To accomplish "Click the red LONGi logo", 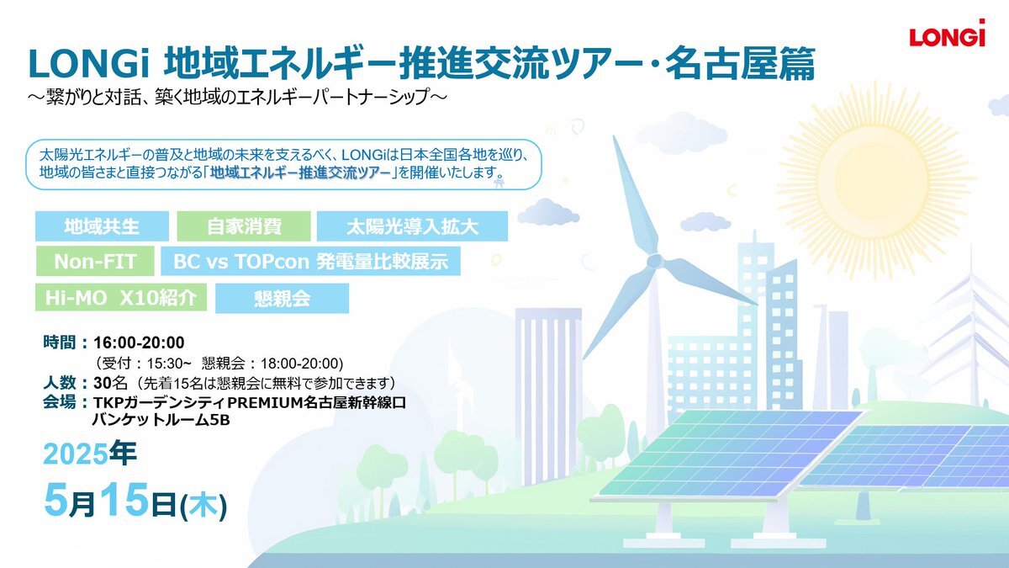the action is coord(948,34).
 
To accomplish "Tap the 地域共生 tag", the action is coord(102,226).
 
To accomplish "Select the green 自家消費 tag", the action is coord(244,226).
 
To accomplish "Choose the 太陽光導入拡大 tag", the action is coord(412,226).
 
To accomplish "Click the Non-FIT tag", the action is coord(95,261).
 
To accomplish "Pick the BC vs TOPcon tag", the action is coord(311,261).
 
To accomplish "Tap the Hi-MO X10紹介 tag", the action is coord(121,298).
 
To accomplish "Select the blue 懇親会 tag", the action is coord(282,299).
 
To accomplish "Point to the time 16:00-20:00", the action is coord(139,343).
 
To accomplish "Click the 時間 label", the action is coord(60,343).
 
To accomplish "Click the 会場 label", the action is coord(60,401).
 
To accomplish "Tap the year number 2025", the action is coord(76,454).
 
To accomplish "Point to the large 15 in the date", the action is coord(124,500).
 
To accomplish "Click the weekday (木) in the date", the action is coord(203,506).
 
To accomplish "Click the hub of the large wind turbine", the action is coord(655,261).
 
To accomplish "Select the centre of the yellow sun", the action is coord(874,180).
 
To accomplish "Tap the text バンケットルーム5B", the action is coord(161,420).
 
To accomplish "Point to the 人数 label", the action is coord(60,383).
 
